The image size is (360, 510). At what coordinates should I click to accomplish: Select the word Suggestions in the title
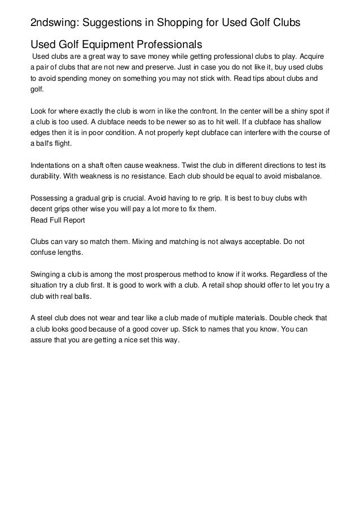[x=118, y=23]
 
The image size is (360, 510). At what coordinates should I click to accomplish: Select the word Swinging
[x=47, y=274]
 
